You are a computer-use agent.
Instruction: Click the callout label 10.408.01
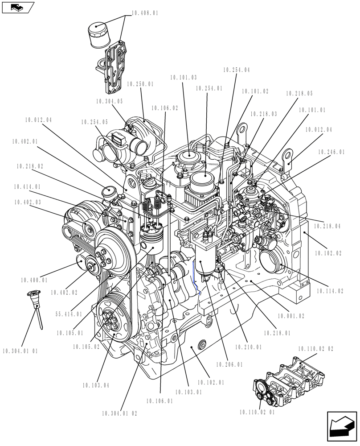pos(145,13)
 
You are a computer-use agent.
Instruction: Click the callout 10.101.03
pos(183,78)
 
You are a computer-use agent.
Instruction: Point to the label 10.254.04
pos(236,70)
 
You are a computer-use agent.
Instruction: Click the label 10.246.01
pos(331,152)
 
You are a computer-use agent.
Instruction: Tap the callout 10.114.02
pos(330,291)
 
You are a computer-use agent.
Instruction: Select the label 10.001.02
pos(290,316)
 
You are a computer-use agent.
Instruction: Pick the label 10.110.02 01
pos(257,412)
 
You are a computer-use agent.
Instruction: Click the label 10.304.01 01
pos(20,351)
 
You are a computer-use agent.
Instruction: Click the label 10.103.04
pos(96,385)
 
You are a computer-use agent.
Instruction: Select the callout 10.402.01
pos(25,141)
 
